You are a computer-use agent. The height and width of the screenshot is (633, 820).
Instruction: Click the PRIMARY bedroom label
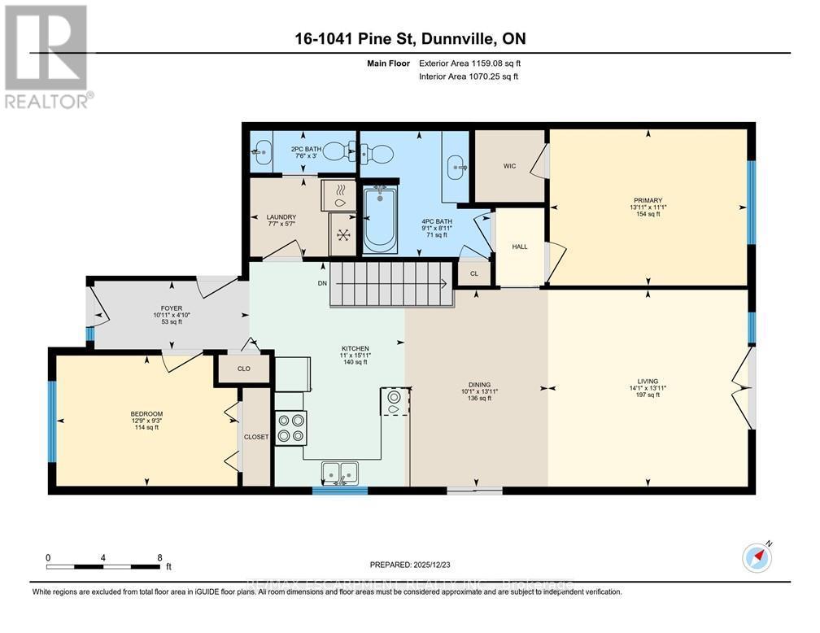click(648, 200)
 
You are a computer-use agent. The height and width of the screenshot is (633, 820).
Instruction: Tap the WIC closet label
click(510, 166)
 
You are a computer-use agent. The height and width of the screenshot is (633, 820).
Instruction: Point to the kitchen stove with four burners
click(291, 428)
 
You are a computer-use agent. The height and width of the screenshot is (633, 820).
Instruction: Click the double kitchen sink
click(339, 472)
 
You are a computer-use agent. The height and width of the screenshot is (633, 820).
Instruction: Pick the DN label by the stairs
click(323, 284)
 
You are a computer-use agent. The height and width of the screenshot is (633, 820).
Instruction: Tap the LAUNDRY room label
click(279, 216)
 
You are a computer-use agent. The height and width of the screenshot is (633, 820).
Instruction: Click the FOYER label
click(171, 308)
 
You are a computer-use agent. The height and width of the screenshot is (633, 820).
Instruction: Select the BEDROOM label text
click(146, 414)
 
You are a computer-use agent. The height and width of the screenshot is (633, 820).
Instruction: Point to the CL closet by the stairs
click(473, 274)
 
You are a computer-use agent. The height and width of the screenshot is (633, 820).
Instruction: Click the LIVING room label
click(648, 381)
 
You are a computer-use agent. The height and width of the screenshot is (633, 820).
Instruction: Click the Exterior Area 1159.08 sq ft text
click(469, 63)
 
